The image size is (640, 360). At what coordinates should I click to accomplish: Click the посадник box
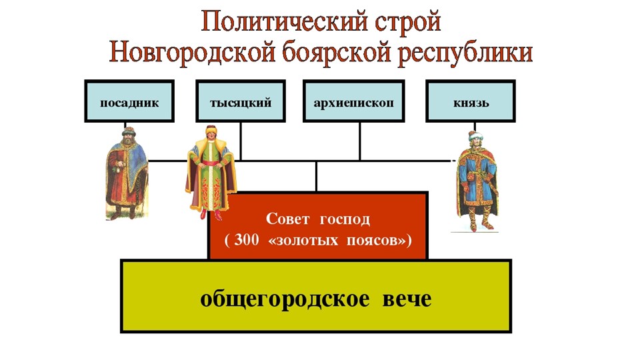129,101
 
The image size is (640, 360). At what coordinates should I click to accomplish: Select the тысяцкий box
241,101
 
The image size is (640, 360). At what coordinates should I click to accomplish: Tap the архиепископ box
354,101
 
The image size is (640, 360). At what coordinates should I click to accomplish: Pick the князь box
471,101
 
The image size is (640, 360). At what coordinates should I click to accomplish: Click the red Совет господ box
318,226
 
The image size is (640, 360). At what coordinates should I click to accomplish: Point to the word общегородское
285,299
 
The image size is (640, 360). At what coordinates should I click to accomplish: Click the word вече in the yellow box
407,299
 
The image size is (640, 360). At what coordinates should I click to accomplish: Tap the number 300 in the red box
247,239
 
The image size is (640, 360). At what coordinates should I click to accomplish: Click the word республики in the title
465,54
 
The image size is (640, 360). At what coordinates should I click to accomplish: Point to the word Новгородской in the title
192,52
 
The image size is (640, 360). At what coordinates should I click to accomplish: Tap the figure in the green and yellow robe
211,173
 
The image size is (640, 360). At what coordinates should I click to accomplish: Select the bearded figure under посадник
127,173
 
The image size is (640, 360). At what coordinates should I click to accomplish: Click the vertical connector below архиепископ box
359,141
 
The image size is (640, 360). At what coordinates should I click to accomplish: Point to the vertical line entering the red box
316,176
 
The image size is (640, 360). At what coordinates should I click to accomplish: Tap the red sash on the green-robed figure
211,163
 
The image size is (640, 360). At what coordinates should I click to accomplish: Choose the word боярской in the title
337,53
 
